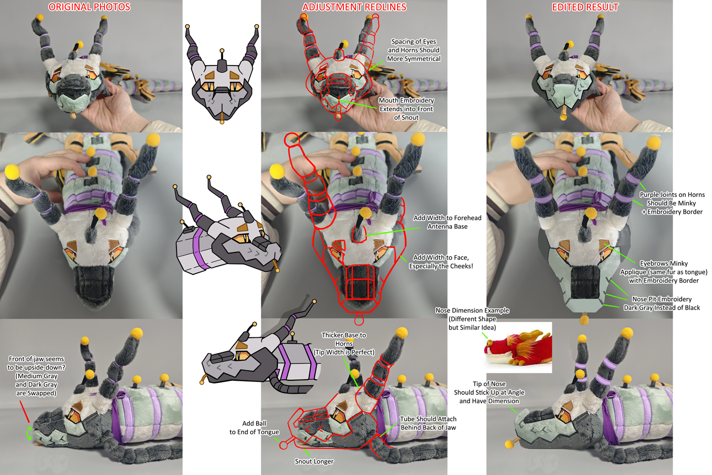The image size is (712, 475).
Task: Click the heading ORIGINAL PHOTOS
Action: (90, 7)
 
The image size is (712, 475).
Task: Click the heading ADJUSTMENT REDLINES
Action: (354, 7)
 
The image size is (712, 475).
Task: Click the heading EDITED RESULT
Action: (585, 7)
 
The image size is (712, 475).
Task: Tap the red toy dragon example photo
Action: (519, 348)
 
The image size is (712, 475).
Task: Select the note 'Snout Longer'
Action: (314, 461)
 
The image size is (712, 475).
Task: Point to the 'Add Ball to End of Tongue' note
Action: (254, 428)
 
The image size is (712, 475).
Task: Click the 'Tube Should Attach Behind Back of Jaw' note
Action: (428, 423)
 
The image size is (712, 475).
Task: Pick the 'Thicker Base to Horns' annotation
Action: (344, 344)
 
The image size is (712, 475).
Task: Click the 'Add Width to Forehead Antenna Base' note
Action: (447, 222)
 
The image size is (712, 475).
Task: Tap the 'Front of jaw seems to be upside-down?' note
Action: (36, 376)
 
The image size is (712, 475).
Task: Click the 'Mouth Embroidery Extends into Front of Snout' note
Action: (407, 109)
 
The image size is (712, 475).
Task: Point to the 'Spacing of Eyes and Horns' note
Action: (414, 50)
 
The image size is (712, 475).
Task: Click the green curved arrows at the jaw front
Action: (29, 433)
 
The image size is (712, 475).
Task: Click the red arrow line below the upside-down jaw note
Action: (25, 412)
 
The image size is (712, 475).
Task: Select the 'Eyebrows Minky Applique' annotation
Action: (664, 272)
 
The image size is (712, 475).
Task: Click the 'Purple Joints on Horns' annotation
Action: (672, 203)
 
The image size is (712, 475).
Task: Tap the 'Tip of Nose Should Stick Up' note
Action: (489, 392)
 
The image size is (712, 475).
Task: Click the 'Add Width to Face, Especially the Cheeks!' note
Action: (441, 262)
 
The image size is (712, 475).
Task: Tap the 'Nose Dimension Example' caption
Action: (472, 319)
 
